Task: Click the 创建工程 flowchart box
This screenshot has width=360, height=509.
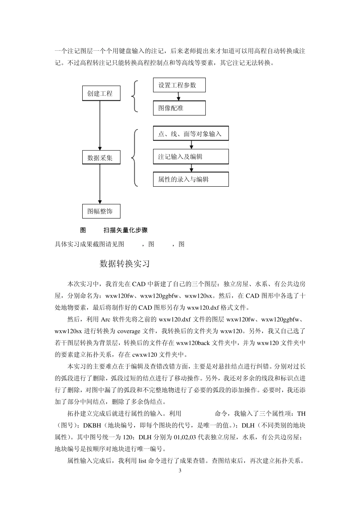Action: pos(101,93)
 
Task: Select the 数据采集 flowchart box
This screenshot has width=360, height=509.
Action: pos(101,158)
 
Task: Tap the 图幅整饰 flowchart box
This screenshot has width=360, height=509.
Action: pos(101,211)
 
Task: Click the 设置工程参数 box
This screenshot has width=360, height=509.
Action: pos(179,85)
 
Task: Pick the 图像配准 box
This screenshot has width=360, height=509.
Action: pos(179,108)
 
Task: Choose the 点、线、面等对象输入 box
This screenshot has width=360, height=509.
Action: pos(191,134)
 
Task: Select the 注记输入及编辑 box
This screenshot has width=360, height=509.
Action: pos(191,156)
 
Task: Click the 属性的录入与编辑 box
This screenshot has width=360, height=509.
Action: pos(191,179)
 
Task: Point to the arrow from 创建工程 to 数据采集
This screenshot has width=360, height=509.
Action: pos(100,125)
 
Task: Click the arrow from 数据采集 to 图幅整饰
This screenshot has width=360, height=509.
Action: pos(100,184)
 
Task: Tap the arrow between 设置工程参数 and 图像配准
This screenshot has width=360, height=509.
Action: pos(179,97)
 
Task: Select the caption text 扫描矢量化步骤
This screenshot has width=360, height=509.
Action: pos(125,230)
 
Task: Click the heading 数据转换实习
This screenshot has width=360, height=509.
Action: pos(125,264)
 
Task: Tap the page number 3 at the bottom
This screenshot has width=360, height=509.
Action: pos(180,471)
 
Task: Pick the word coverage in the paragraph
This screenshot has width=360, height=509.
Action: pos(129,331)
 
